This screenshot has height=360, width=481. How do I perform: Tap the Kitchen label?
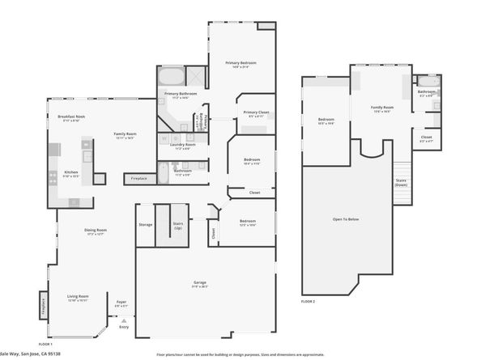(x=71, y=172)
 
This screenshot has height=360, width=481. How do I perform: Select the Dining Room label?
(x=96, y=231)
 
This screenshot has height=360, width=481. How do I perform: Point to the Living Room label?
(x=77, y=297)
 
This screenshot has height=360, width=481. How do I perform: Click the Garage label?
(x=199, y=284)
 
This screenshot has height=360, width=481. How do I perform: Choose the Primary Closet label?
(x=256, y=112)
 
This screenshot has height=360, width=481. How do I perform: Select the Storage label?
(x=145, y=224)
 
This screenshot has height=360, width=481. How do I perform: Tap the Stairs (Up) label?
(x=179, y=226)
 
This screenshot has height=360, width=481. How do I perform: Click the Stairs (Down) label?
(x=400, y=182)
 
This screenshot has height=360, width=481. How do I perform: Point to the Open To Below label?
(x=344, y=218)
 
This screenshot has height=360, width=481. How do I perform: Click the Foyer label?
(x=121, y=303)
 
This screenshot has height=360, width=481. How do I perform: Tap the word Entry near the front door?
(x=124, y=326)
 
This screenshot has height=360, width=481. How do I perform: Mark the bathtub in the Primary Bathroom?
(x=171, y=78)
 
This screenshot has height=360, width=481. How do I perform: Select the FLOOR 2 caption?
(x=308, y=300)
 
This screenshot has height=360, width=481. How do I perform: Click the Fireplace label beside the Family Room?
(x=138, y=178)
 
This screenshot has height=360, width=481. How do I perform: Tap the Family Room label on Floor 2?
(x=382, y=107)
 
